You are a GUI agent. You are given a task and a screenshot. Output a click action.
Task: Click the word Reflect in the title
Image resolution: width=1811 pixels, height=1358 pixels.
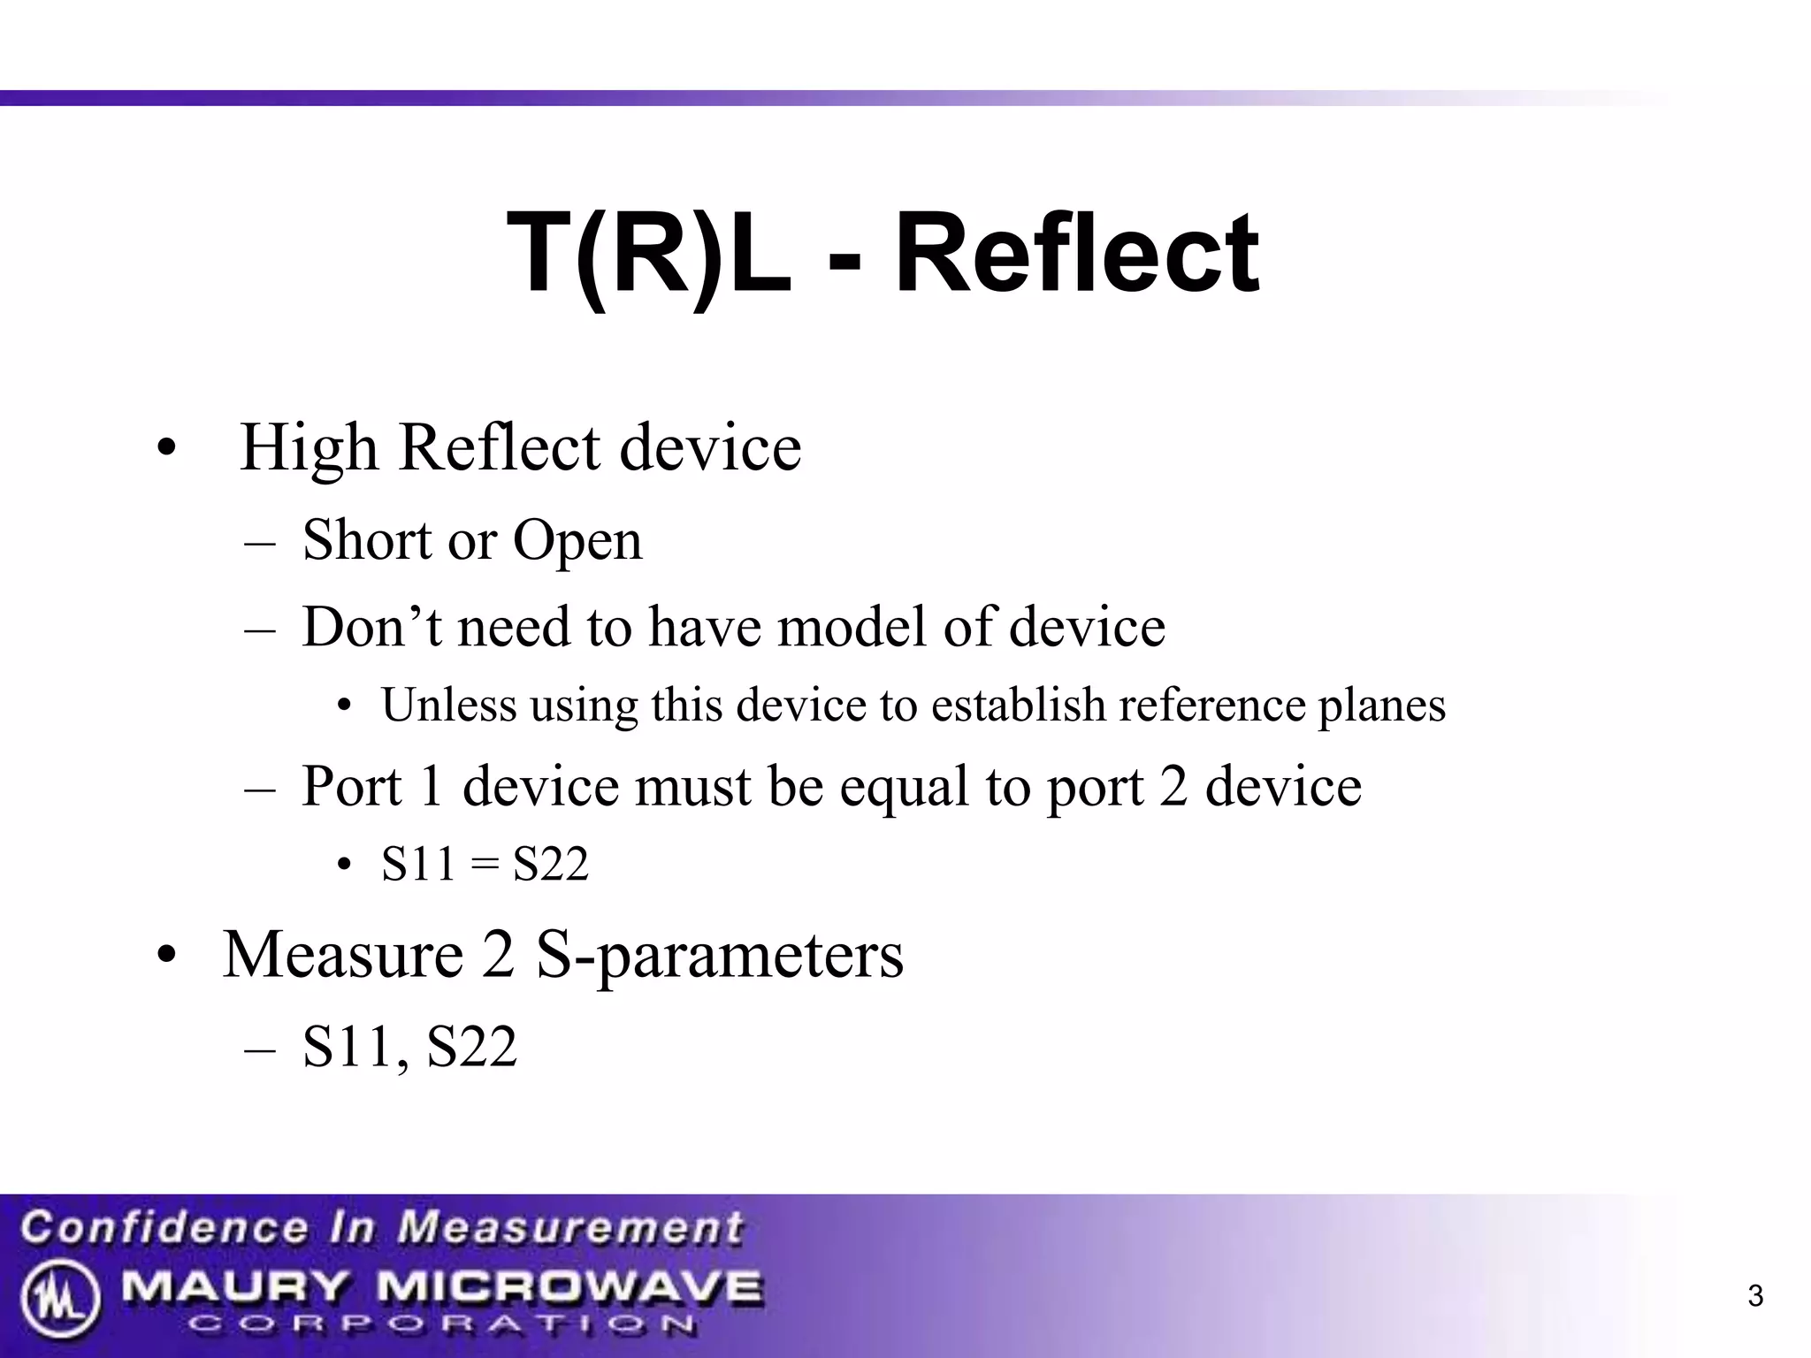(x=1076, y=254)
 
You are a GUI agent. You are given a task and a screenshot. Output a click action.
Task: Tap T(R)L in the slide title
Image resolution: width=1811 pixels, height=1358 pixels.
(x=648, y=254)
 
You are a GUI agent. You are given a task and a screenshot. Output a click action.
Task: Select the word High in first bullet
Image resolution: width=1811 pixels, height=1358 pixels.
(x=309, y=448)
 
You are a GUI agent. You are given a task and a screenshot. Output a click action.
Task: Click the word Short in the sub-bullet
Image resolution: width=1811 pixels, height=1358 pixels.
(x=366, y=539)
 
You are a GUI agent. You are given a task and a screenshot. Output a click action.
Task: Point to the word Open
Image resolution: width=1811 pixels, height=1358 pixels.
(x=577, y=541)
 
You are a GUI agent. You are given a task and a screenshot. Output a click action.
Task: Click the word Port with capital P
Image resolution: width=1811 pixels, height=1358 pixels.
(x=351, y=786)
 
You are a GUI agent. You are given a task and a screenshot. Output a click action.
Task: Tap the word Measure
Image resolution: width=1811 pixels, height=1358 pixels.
(x=343, y=955)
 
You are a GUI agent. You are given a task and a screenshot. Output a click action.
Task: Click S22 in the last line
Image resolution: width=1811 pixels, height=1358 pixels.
(x=471, y=1048)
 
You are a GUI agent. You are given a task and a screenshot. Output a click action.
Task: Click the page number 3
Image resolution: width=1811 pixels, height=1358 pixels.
(x=1755, y=1296)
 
